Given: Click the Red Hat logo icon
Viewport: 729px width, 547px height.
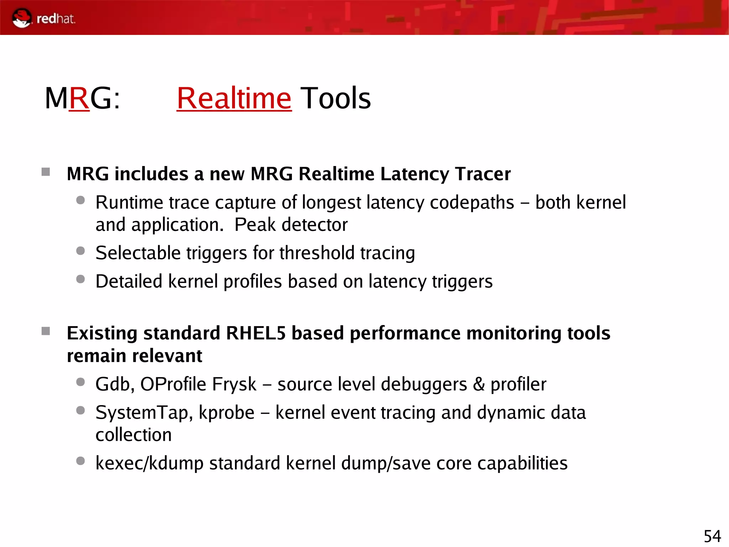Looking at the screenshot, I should pyautogui.click(x=22, y=18).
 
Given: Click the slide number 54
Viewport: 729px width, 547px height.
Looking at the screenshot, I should pyautogui.click(x=712, y=536).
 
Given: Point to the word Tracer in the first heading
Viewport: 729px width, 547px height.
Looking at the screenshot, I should pyautogui.click(x=483, y=174).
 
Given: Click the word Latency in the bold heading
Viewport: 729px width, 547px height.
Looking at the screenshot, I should pyautogui.click(x=415, y=175).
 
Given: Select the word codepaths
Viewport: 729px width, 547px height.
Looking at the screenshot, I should pyautogui.click(x=472, y=203).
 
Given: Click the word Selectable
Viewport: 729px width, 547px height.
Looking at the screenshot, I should pyautogui.click(x=138, y=253).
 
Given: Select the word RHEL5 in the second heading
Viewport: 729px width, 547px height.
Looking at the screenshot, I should pyautogui.click(x=256, y=334).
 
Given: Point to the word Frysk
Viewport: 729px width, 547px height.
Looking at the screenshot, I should pyautogui.click(x=234, y=385).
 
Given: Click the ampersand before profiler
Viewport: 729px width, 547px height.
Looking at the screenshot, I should pyautogui.click(x=479, y=385).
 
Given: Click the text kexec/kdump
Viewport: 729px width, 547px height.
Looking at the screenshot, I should pyautogui.click(x=149, y=463).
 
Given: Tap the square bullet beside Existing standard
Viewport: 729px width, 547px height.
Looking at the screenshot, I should pyautogui.click(x=46, y=331).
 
